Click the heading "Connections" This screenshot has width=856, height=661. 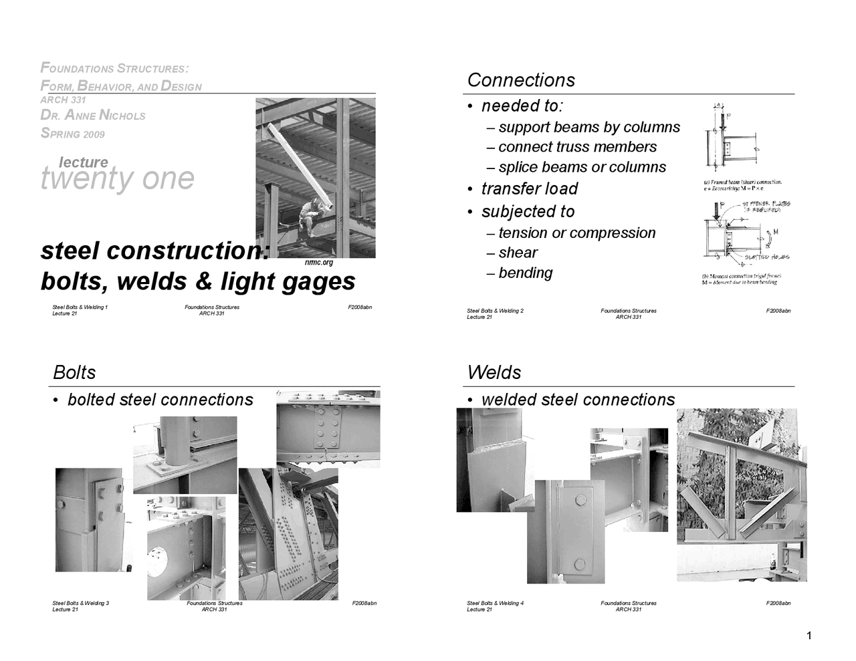[x=521, y=80]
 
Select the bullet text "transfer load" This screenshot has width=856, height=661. [x=529, y=189]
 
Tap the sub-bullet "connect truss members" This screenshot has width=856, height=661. [x=577, y=147]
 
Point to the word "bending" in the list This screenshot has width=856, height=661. [x=525, y=273]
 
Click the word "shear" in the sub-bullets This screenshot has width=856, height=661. [x=518, y=253]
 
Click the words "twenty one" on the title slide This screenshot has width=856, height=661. [x=118, y=178]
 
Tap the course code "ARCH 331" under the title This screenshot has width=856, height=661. [x=63, y=100]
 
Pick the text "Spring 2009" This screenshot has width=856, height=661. [x=73, y=134]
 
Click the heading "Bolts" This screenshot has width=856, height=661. [x=74, y=373]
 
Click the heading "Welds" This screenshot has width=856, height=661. [x=494, y=373]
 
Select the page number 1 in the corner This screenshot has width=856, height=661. [x=809, y=636]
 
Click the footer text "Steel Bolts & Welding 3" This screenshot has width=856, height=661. [x=80, y=604]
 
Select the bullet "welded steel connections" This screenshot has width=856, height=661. [x=578, y=400]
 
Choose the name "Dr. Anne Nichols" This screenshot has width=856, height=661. [x=93, y=116]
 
